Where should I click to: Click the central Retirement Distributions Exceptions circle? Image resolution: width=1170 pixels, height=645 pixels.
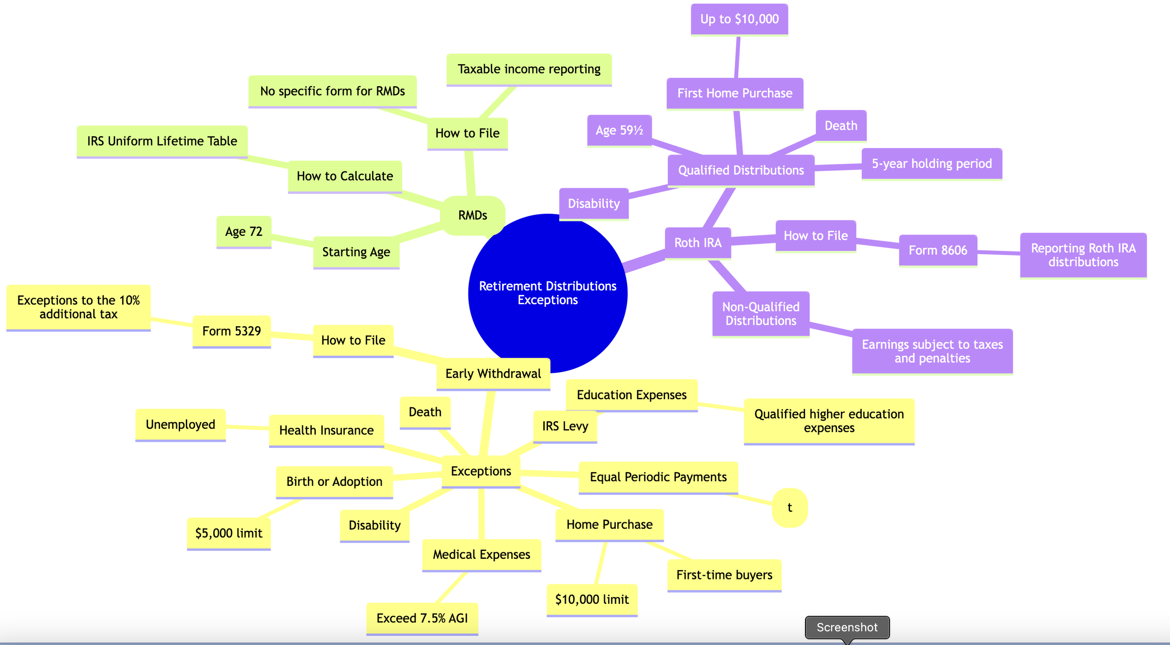pos(548,293)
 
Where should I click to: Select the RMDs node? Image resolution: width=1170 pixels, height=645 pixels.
pos(473,215)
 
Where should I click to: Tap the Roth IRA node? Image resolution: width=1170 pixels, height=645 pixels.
pos(698,242)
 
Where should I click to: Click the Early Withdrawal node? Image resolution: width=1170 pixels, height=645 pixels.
pos(493,374)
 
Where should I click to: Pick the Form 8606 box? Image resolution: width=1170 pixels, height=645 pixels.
pos(938,250)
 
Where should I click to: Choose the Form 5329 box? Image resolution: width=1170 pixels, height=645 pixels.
pos(232,331)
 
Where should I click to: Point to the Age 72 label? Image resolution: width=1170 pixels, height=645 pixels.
pos(244,232)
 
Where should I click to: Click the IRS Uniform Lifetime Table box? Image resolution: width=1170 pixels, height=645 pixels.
pos(162,141)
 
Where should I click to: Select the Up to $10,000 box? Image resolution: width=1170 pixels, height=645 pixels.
pos(739,19)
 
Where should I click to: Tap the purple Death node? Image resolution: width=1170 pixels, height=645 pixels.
pos(841,125)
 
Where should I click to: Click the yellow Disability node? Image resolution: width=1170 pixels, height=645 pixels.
pos(374,525)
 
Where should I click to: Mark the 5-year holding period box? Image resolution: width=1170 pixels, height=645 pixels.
pos(932,163)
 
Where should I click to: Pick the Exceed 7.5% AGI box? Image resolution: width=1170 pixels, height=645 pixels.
pos(422,618)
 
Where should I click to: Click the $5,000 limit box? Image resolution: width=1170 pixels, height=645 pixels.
pos(229,533)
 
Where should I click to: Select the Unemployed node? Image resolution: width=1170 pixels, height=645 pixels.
pos(181,425)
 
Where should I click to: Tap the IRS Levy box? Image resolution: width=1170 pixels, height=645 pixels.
pos(565,426)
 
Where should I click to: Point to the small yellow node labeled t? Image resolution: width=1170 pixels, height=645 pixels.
pos(790,508)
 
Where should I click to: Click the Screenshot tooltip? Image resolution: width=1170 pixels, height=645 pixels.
pos(847,627)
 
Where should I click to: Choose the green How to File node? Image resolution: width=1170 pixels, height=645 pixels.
pos(468,133)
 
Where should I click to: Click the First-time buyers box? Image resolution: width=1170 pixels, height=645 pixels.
pos(724,575)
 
